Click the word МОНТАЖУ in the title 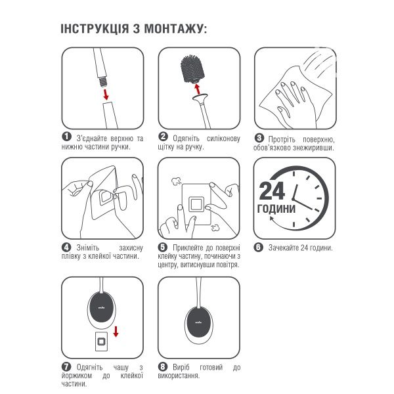coord(173,29)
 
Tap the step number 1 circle coord(66,137)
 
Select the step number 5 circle coord(163,248)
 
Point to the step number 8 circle coord(163,366)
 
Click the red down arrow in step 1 coord(106,94)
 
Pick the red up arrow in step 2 coord(198,89)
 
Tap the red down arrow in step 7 coord(116,332)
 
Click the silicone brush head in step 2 coord(192,68)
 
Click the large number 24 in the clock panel coord(272,190)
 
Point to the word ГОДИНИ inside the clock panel coord(276,209)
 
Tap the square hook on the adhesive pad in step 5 coord(196,204)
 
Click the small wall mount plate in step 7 coord(102,341)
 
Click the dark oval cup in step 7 coord(102,307)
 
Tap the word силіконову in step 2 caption coord(223,139)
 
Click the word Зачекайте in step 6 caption coord(284,248)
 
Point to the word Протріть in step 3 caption coord(281,139)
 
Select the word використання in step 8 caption coord(178,376)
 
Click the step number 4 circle coord(66,248)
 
